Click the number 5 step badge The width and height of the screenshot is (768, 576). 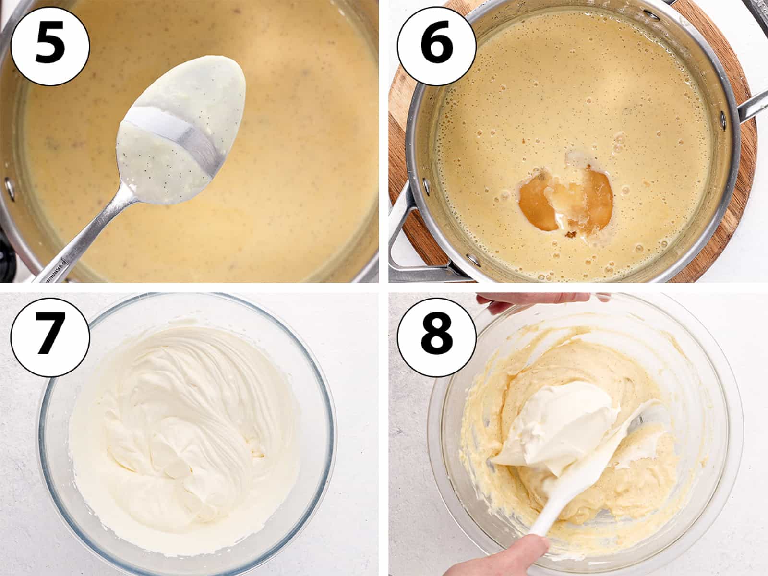pyautogui.click(x=50, y=46)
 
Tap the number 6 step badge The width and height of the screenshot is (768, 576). pyautogui.click(x=437, y=46)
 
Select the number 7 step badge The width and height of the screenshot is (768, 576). pyautogui.click(x=50, y=337)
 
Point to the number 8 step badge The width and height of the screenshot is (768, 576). pyautogui.click(x=437, y=337)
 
